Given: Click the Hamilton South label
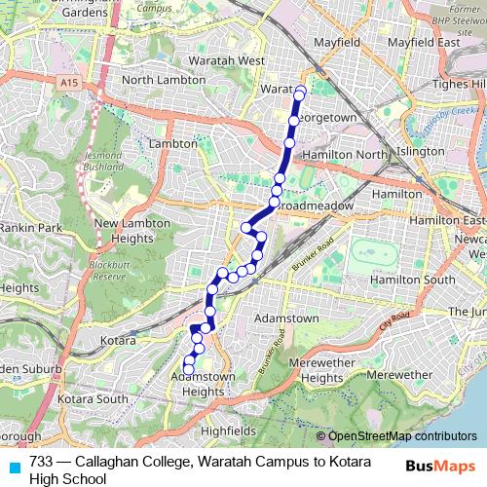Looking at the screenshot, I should [x=412, y=280].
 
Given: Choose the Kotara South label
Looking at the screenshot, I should [x=93, y=399].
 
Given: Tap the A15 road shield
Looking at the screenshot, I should [x=67, y=86].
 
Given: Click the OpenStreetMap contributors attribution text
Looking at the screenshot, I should [x=401, y=437].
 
